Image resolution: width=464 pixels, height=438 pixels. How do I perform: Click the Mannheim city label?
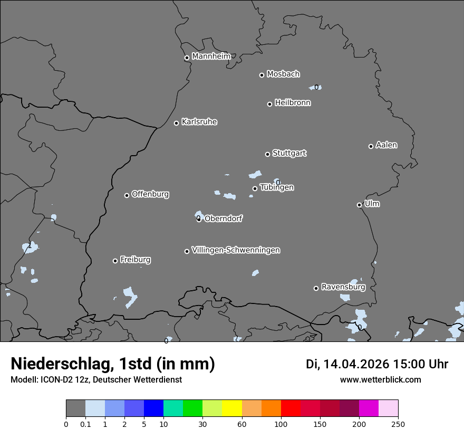(211, 56)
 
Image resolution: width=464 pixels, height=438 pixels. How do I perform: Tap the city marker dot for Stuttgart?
(267, 154)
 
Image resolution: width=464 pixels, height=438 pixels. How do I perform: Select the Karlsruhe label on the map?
(199, 122)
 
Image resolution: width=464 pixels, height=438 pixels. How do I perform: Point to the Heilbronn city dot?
(269, 104)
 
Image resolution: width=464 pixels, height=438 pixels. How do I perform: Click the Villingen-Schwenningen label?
(236, 250)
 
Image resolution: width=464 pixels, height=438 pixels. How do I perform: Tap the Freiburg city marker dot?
(115, 261)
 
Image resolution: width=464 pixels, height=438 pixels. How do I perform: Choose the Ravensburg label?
(343, 287)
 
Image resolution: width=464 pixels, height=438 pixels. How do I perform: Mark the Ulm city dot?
(359, 205)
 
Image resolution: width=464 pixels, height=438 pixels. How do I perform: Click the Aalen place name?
(386, 145)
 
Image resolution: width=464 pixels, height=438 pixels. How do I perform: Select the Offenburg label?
(150, 194)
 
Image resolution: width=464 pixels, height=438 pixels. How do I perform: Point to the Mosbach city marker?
(262, 75)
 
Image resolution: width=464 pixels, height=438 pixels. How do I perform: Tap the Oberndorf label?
(224, 218)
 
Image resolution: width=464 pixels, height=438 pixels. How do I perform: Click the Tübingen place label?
(277, 187)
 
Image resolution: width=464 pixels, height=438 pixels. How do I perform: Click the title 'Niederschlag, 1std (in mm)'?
(113, 364)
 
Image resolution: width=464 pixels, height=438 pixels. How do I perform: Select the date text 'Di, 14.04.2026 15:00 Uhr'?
(377, 364)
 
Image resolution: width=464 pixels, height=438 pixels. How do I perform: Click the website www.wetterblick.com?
(380, 379)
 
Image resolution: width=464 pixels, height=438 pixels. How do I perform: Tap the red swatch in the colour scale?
(291, 408)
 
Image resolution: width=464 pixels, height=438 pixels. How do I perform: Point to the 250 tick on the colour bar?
(398, 424)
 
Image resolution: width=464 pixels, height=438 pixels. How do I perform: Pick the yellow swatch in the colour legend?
(232, 408)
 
